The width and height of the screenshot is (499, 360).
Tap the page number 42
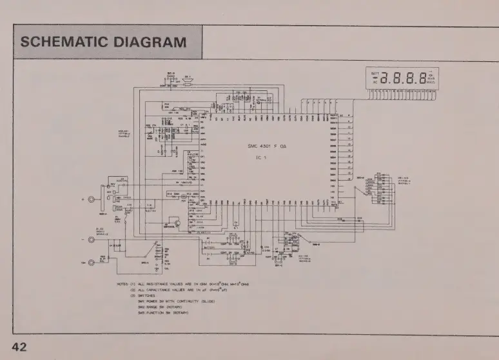(19, 347)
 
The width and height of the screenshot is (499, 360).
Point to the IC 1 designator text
(260, 157)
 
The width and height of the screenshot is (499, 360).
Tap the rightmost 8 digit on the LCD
(421, 79)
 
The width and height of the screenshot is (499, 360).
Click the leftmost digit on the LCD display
(384, 79)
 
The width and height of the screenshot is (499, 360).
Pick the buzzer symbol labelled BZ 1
(188, 81)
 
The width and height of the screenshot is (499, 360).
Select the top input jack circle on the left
(91, 201)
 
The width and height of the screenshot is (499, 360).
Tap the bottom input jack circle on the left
(91, 263)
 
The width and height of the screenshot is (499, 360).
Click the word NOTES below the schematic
(122, 283)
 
